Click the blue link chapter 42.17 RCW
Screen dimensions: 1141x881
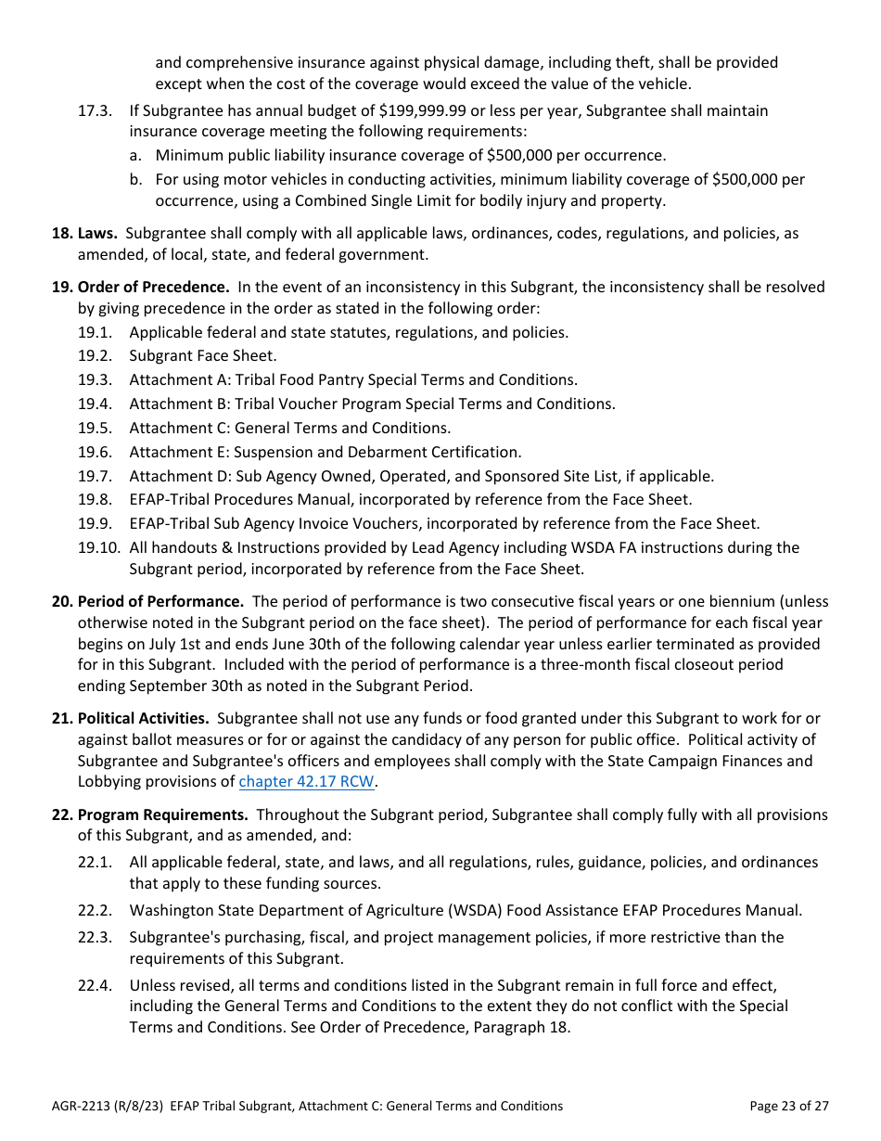[306, 781]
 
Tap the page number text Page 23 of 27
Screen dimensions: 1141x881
[788, 1105]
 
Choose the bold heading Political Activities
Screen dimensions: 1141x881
[143, 718]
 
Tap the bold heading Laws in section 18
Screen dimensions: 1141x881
[96, 233]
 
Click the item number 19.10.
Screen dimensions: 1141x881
[97, 547]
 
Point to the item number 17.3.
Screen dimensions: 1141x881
[95, 110]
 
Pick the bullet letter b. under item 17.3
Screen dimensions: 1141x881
[136, 179]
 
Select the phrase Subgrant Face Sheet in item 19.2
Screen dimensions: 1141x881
[202, 355]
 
